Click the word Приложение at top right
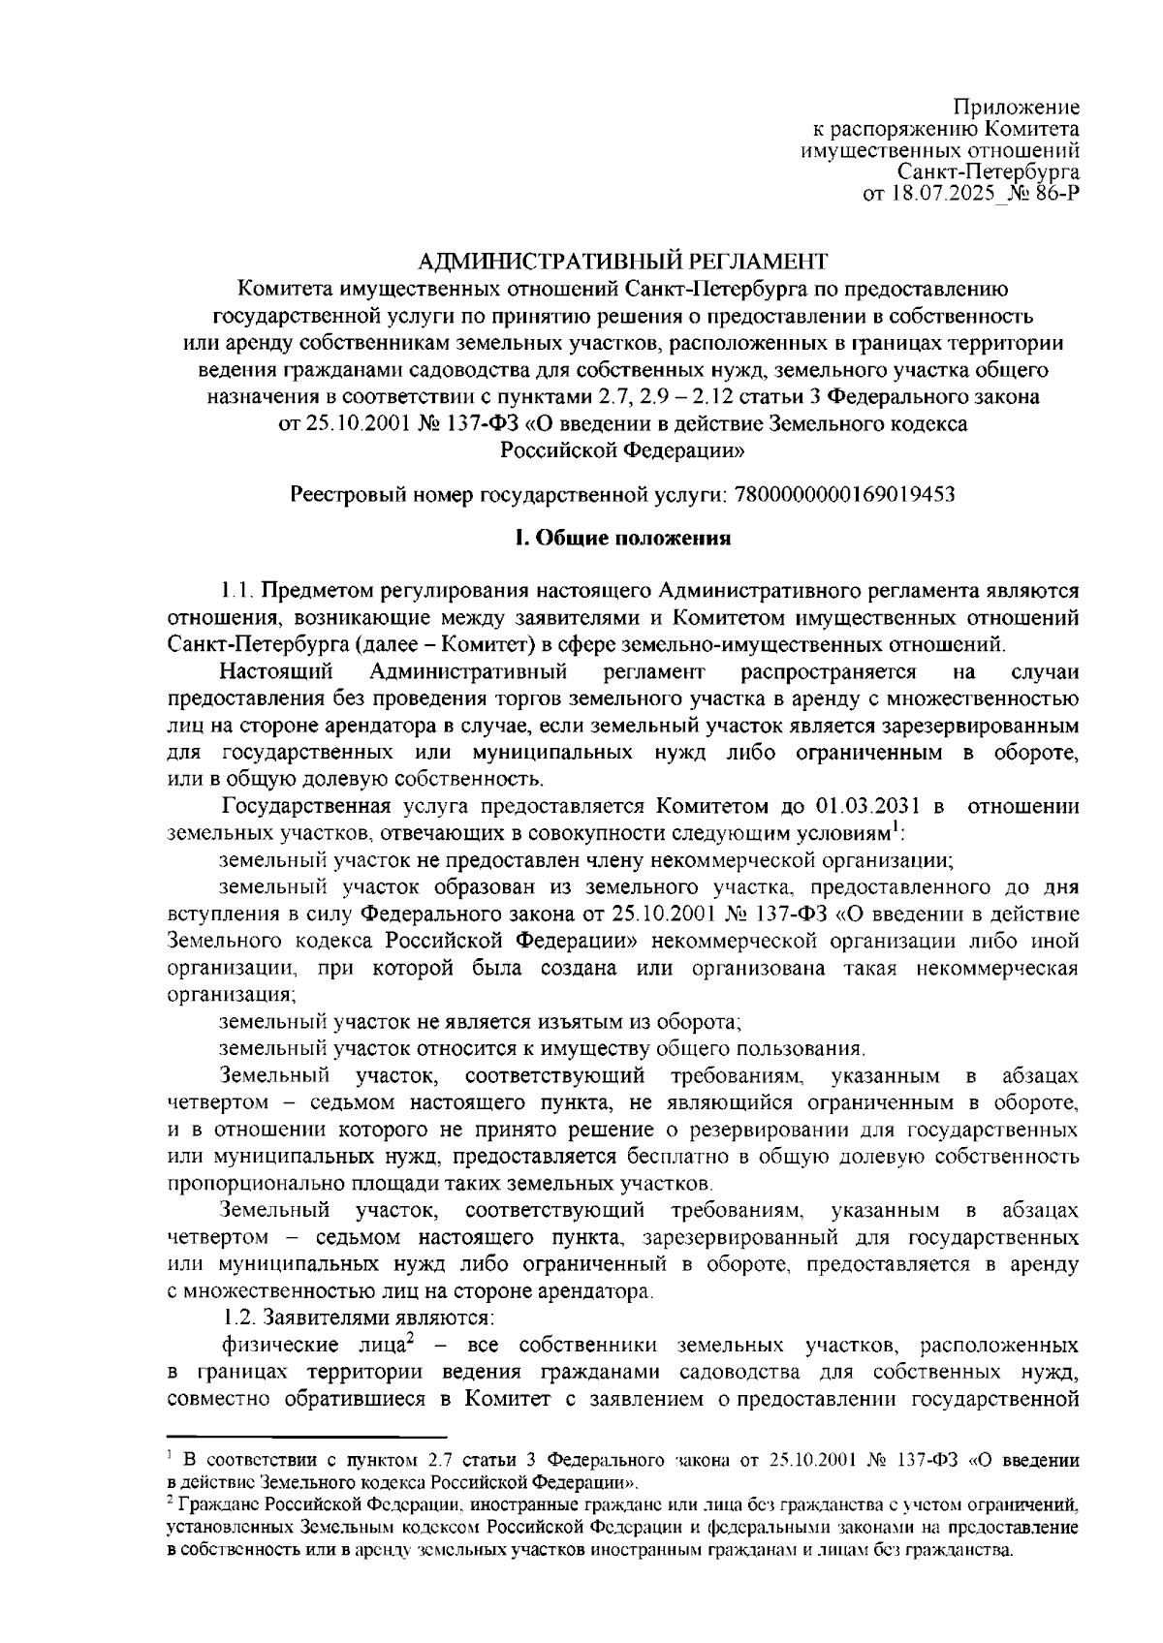coord(1017,107)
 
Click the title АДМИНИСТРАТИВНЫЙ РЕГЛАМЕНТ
coord(623,262)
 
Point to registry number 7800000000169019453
coord(846,495)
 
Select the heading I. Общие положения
coord(622,540)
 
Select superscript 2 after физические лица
coord(411,1338)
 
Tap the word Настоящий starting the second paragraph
coord(277,671)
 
